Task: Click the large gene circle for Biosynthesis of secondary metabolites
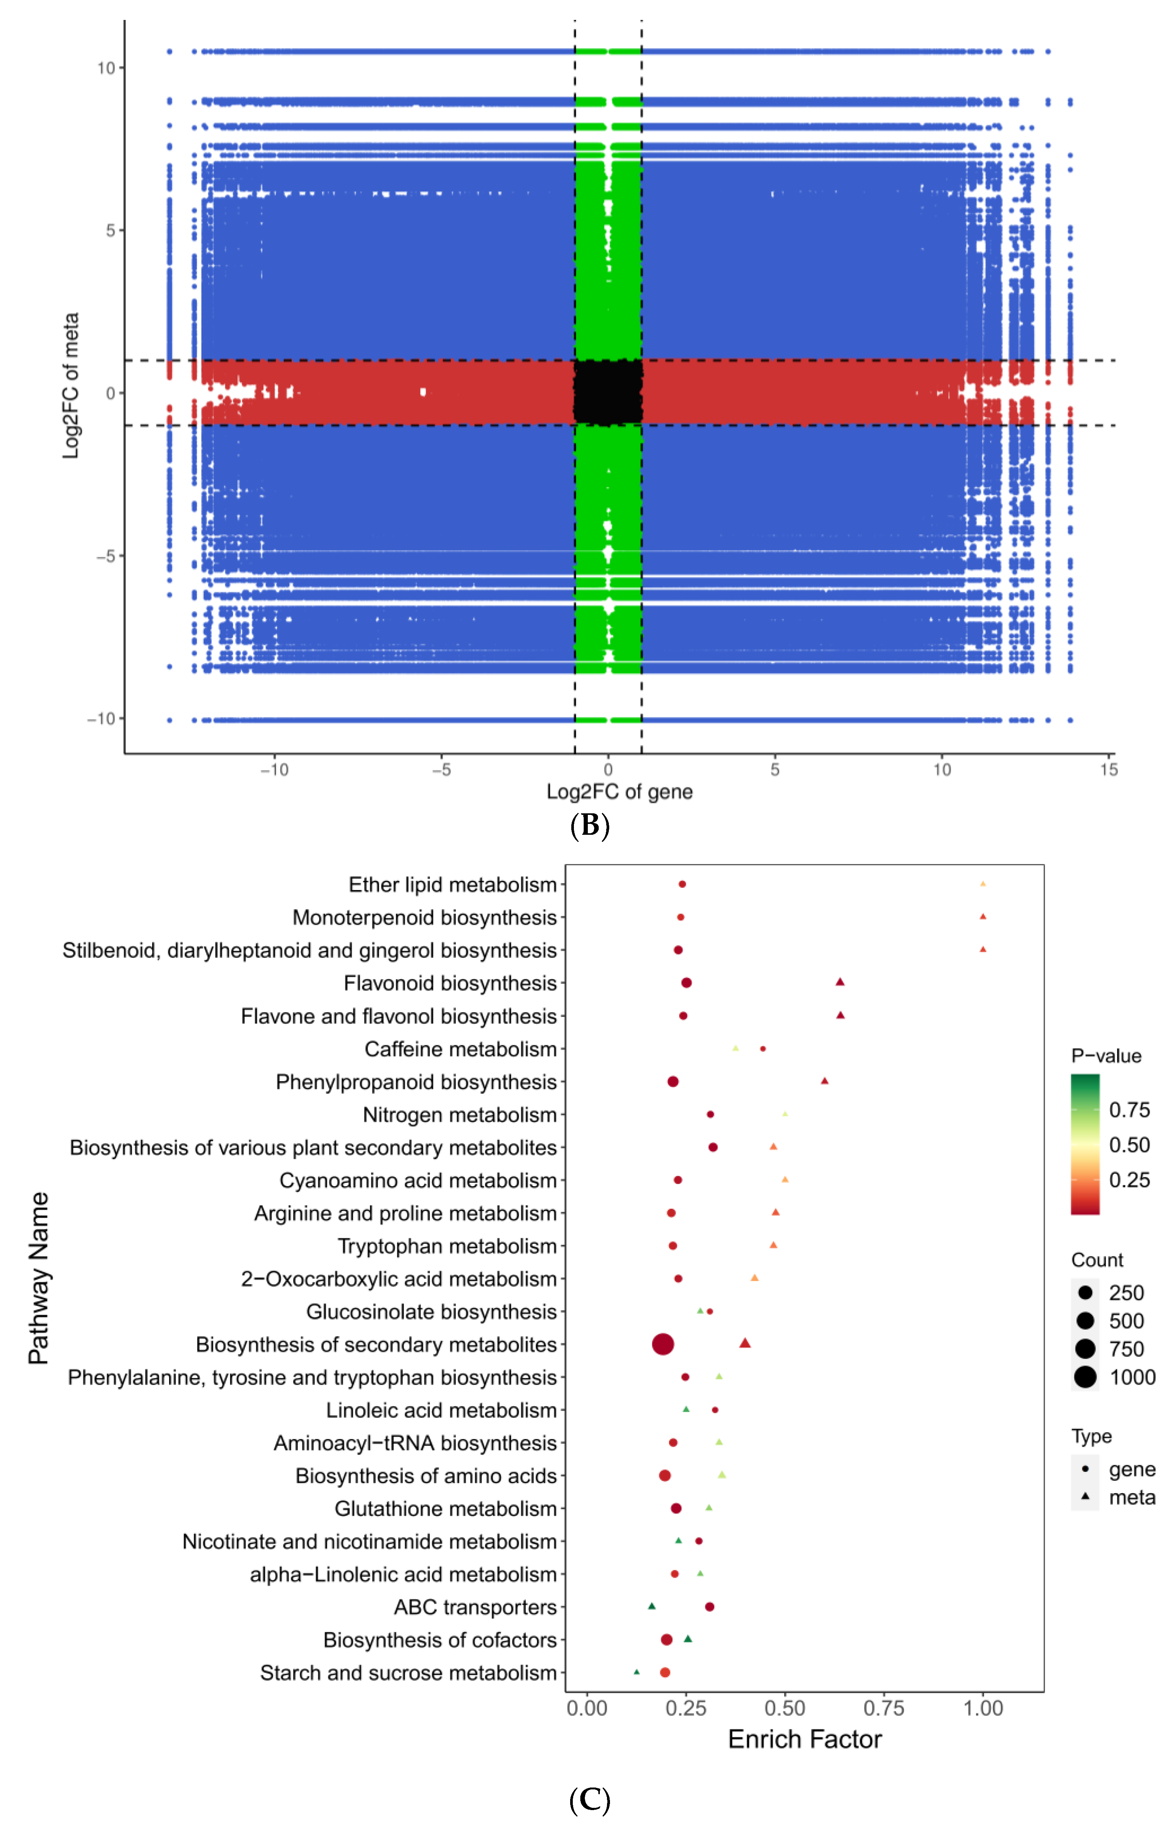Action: coord(663,1344)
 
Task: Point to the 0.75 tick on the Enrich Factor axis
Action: coord(884,1708)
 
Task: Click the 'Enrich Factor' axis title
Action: coord(804,1739)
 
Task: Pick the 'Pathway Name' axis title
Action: coord(38,1278)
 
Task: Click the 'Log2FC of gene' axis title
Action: coord(619,792)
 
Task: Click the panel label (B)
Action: coord(590,825)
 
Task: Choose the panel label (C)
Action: coord(590,1800)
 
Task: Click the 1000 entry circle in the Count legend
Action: coord(1085,1377)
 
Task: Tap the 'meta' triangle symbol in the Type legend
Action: coord(1085,1497)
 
